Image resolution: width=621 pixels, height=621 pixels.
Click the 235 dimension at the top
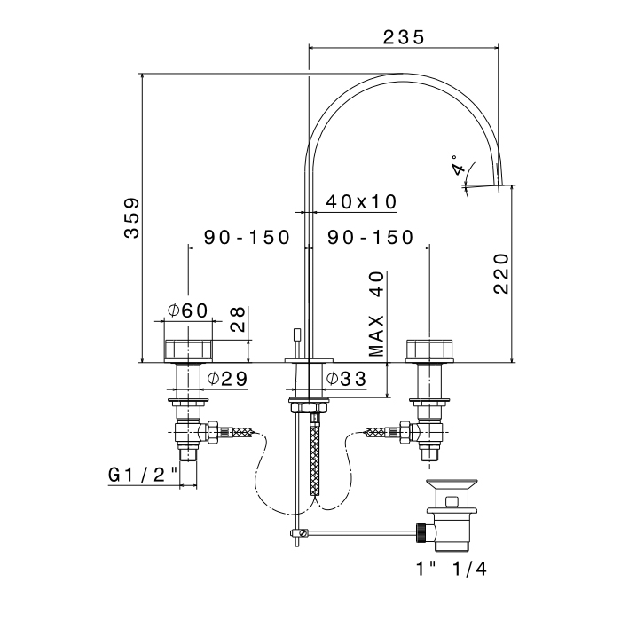click(404, 37)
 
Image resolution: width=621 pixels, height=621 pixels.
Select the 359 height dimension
click(132, 218)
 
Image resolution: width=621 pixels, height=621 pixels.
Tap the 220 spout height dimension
click(501, 273)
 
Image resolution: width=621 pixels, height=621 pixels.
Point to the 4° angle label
click(459, 165)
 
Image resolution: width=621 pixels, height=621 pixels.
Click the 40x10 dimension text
click(361, 202)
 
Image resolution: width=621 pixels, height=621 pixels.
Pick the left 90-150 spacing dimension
click(248, 237)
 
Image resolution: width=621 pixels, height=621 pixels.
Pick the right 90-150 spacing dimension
click(370, 237)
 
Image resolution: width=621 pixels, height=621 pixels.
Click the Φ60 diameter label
click(187, 310)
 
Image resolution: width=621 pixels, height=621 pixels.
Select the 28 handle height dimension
click(238, 319)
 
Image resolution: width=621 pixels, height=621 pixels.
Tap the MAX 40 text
click(376, 314)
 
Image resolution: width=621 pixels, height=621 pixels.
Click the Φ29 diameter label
click(227, 379)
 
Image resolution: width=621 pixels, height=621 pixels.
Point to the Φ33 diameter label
click(346, 379)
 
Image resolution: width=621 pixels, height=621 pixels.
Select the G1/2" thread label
click(143, 475)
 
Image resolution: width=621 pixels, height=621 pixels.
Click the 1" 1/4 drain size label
click(451, 570)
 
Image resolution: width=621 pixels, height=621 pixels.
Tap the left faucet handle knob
click(188, 351)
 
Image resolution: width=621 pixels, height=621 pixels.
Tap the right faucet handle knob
click(429, 350)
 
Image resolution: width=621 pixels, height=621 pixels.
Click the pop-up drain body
click(451, 515)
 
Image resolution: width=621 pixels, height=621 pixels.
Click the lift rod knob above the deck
click(296, 335)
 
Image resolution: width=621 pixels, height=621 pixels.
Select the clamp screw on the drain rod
click(303, 533)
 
